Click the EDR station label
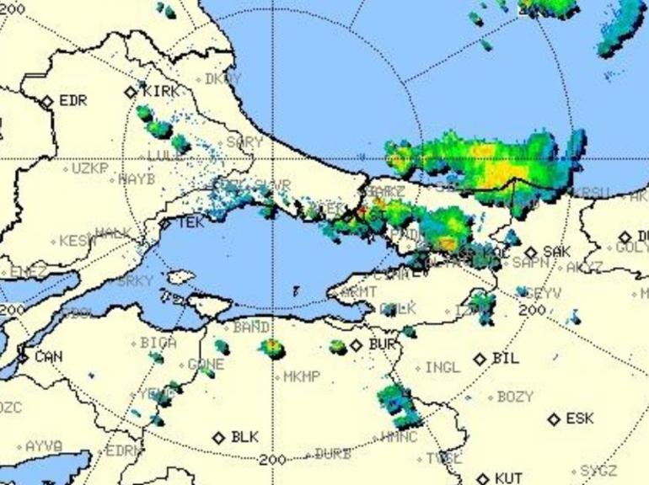pos(73,101)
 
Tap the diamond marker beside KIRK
pos(131,92)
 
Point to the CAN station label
pos(48,357)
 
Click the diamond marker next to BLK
pos(219,438)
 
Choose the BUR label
pos(382,344)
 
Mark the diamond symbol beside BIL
pos(480,359)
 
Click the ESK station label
pos(579,418)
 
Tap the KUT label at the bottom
pos(508,478)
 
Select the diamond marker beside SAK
pos(531,252)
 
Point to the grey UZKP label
pos(90,168)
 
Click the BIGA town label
pos(158,343)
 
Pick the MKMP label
pos(302,376)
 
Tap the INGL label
pos(442,368)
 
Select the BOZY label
pos(515,396)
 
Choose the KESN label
pos(78,241)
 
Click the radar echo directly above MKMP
pos(272,346)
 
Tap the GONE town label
pos(206,365)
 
